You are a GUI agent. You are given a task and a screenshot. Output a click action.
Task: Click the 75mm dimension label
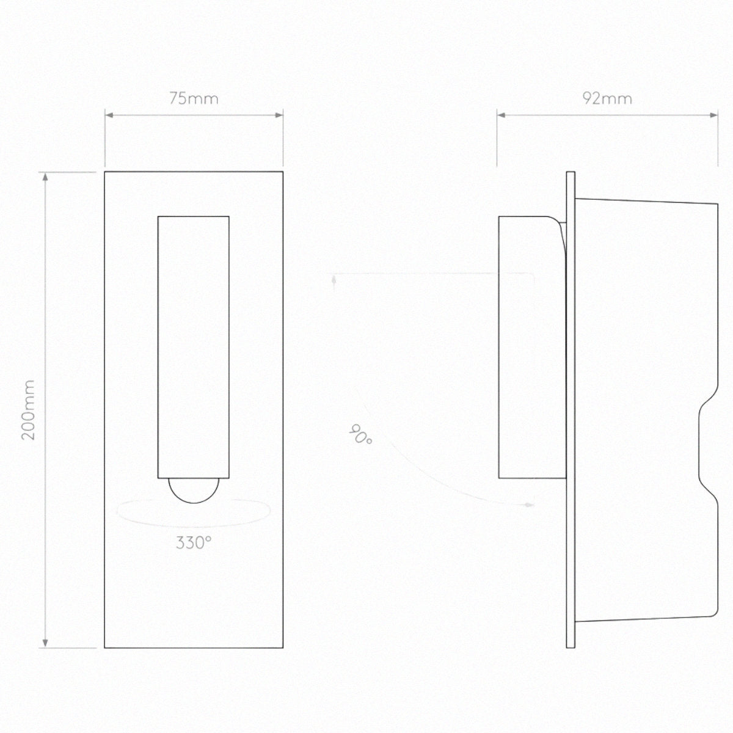click(x=194, y=99)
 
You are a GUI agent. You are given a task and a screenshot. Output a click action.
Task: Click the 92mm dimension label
click(x=607, y=99)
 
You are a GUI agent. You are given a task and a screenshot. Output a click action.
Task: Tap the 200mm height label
click(x=28, y=410)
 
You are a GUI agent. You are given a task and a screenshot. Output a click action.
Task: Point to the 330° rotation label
click(x=194, y=543)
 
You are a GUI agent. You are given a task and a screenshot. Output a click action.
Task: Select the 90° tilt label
click(x=360, y=434)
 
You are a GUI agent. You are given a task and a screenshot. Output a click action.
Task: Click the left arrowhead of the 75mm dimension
click(x=109, y=115)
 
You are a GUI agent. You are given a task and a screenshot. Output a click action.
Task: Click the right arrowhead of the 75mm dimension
click(x=279, y=115)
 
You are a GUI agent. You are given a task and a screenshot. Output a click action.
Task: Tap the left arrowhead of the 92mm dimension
click(x=501, y=115)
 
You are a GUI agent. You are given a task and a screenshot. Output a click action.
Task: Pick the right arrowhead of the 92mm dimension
click(x=713, y=115)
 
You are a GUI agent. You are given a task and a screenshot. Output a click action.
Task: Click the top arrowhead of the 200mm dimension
click(x=45, y=177)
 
